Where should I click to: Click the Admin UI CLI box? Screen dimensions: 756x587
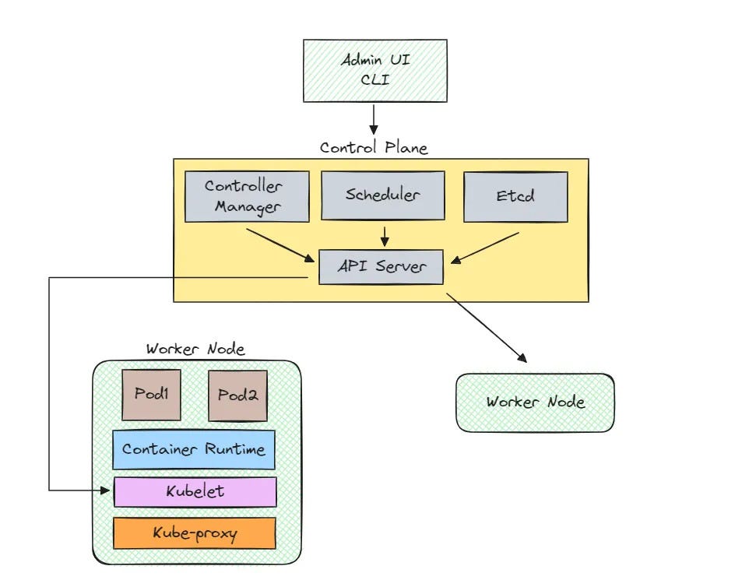pos(375,71)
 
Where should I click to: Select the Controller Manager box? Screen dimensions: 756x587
pos(247,197)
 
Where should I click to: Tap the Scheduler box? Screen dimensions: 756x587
pos(383,195)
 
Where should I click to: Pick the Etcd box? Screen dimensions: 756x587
pos(515,197)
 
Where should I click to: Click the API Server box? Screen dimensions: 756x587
pos(381,266)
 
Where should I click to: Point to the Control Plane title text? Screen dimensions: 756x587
pos(374,147)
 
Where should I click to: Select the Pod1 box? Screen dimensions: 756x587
pos(151,395)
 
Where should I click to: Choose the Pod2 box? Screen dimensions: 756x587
pos(237,395)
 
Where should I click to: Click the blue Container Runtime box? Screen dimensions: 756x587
pos(194,450)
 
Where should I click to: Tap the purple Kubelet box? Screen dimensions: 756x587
pos(195,491)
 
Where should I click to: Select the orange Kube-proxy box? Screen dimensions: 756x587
pos(195,533)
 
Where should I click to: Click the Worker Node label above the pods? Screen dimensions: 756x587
pos(195,349)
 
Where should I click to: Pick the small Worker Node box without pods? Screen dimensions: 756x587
pos(535,402)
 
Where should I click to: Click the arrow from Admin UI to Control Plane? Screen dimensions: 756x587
pos(373,120)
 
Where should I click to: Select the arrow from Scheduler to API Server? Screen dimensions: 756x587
pos(385,237)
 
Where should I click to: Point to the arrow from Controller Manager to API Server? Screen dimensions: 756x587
pos(280,245)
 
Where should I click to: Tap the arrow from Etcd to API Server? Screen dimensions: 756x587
pos(484,248)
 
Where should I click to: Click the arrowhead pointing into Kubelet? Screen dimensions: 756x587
pos(105,490)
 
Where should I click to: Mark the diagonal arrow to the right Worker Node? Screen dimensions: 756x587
pos(487,327)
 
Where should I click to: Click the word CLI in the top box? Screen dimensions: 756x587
pos(375,79)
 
